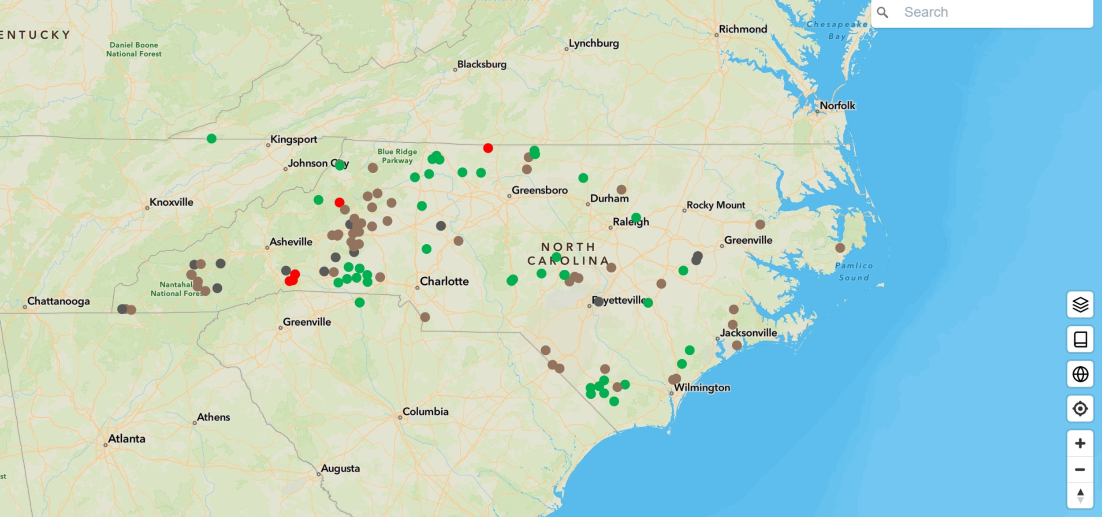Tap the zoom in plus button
coord(1080,443)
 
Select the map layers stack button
coord(1080,304)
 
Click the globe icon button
coord(1080,374)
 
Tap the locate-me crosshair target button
coord(1080,409)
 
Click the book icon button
coord(1080,339)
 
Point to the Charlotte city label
coord(444,281)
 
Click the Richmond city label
coord(743,29)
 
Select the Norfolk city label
coord(837,105)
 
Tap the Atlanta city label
coord(127,439)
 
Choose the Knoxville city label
coord(171,202)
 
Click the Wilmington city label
coord(702,387)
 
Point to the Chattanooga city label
coord(58,301)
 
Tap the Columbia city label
coord(425,412)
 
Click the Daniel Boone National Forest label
coord(134,49)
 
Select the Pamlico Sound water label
coord(854,272)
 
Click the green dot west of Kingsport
coord(212,138)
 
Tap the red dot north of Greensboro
coord(488,148)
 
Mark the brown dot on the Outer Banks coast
coord(840,248)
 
